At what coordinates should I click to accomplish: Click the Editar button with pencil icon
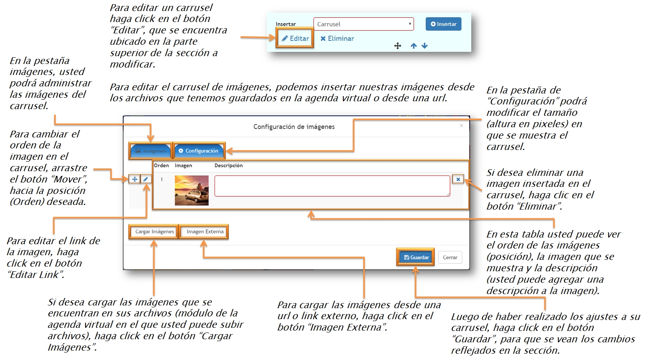pos(295,38)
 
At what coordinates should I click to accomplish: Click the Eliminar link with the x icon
pos(337,38)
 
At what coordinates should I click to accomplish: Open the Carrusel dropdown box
pos(363,24)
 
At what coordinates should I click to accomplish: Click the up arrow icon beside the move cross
pos(414,46)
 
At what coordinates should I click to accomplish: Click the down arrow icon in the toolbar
pos(425,46)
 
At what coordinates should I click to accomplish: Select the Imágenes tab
pos(150,151)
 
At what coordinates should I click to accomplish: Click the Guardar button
pos(416,258)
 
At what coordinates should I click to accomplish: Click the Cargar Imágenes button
pos(154,232)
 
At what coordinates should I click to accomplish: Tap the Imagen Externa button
pos(205,232)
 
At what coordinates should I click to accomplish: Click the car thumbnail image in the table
pos(191,190)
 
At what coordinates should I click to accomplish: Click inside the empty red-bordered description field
pos(332,186)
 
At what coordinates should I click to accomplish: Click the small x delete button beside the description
pos(458,179)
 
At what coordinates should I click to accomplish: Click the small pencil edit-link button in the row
pos(146,179)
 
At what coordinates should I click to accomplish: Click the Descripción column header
pos(228,166)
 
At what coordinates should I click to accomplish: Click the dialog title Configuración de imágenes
pos(294,127)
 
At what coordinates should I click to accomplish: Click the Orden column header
pos(161,166)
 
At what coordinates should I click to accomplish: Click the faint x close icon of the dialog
pos(461,126)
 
